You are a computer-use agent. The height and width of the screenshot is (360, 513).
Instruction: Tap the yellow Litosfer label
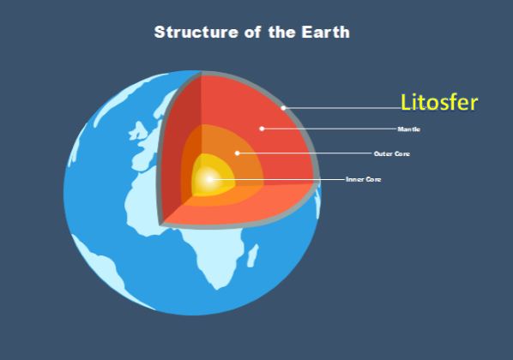[439, 103]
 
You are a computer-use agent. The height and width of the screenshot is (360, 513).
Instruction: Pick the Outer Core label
[391, 154]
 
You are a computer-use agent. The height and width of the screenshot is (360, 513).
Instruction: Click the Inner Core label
[363, 179]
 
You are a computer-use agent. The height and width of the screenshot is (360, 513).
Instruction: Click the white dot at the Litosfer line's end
[283, 108]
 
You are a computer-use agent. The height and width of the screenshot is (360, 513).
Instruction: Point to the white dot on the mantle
[262, 129]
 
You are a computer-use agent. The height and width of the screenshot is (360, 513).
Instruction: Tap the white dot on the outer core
[238, 153]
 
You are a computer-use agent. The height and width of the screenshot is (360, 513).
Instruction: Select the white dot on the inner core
[209, 179]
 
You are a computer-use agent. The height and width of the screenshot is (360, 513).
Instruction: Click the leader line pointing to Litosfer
[343, 108]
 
